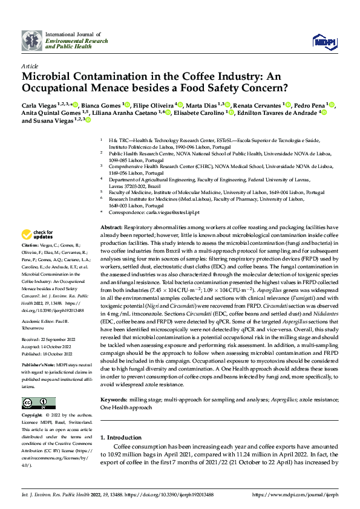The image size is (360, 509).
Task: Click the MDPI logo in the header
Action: pos(321,41)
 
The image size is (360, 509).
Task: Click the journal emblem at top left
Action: pos(32,40)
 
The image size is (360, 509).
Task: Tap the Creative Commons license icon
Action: pos(39,403)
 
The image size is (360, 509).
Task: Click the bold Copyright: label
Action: pos(32,416)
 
